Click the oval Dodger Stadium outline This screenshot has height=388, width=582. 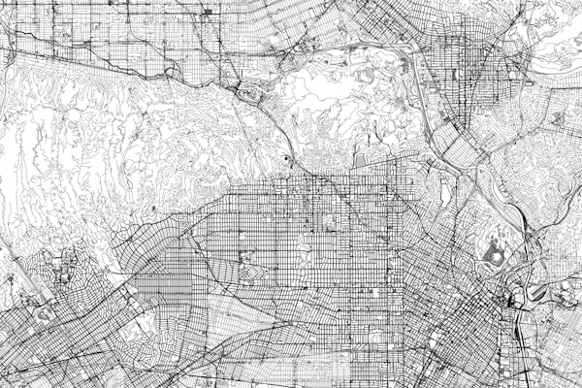coord(494,254)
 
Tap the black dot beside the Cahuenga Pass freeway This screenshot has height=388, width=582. coord(288,157)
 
